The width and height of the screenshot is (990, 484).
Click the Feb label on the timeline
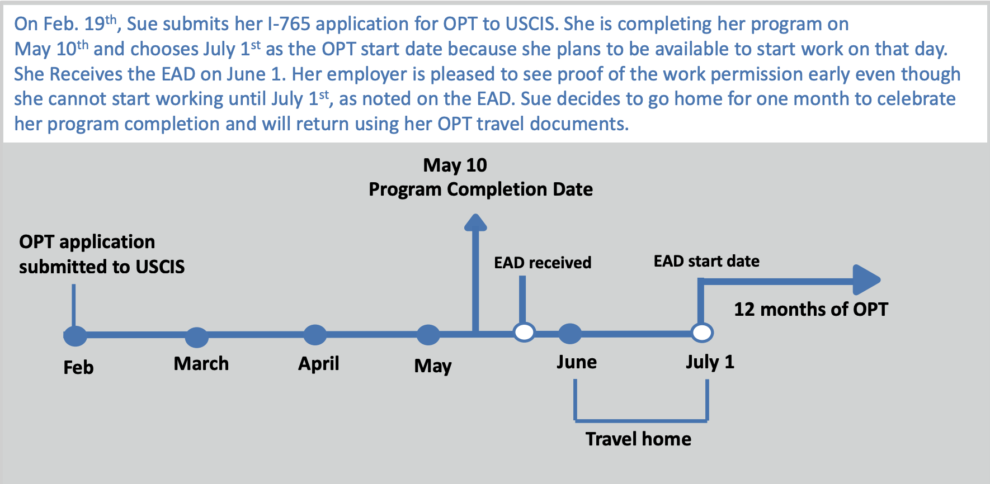[x=78, y=367]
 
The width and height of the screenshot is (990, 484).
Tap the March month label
[x=201, y=363]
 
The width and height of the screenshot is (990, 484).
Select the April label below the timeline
[x=319, y=364]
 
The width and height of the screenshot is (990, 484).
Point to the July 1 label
[x=710, y=362]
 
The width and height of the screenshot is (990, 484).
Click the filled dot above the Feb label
[x=75, y=336]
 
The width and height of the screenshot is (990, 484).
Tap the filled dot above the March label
[x=197, y=337]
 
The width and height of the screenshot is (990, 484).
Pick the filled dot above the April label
[x=315, y=335]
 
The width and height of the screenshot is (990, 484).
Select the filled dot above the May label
[x=428, y=335]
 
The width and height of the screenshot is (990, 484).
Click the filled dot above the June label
[x=570, y=334]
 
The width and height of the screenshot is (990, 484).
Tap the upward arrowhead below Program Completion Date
[x=475, y=222]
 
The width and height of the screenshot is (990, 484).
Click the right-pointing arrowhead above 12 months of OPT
[x=866, y=279]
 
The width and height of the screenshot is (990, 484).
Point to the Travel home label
[x=638, y=439]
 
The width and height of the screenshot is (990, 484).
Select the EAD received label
[x=543, y=263]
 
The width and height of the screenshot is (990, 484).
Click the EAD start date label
[x=706, y=261]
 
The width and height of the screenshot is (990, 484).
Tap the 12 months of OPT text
[x=810, y=309]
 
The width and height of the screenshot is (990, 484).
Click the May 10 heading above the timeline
[x=455, y=165]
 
